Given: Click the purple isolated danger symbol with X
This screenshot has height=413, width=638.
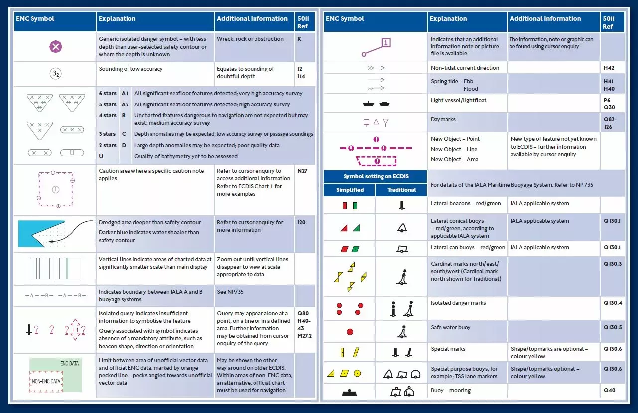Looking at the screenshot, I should point(55,47).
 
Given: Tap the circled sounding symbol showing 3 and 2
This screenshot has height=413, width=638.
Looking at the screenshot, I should point(55,74).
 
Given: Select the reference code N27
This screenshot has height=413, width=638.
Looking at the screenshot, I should point(302,171).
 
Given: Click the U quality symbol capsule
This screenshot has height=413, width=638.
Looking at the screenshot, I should point(72,153).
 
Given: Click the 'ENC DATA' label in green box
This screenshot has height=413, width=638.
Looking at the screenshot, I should point(69,364).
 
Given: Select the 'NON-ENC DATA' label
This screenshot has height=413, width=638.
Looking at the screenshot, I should point(47,381).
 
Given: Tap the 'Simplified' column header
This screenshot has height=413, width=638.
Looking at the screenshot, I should point(350,190).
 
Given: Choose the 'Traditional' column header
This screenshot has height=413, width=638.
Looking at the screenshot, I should point(401,190).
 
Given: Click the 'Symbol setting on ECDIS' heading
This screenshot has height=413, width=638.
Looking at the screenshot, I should point(375,177).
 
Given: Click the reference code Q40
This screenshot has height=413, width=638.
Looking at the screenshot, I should point(609,390).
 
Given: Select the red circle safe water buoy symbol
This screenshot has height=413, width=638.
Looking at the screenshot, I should point(350,332).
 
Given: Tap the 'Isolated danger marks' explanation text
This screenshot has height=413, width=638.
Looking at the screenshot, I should point(458,303).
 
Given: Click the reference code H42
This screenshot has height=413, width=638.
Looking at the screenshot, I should point(609,68).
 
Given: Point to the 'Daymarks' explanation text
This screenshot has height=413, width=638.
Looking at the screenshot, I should point(443,120).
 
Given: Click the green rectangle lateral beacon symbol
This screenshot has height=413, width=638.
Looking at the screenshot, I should point(355,206).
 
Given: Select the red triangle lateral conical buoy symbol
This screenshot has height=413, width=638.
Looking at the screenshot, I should point(344,228).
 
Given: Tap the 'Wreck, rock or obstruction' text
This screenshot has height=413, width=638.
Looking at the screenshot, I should point(250,39).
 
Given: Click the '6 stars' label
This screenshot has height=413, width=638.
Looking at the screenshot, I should point(107,93).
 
